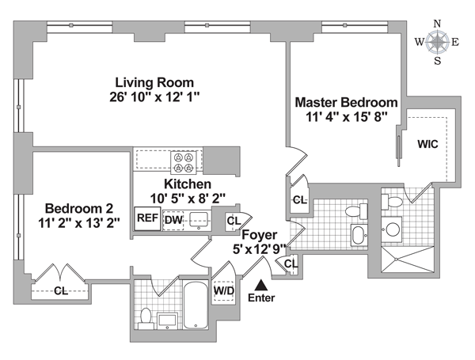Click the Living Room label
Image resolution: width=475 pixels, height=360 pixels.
coord(154,82)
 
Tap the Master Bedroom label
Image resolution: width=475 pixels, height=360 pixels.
coord(346,102)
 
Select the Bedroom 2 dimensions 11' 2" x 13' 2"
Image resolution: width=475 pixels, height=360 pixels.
coord(79,223)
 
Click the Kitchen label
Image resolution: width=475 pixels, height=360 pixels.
coord(188,184)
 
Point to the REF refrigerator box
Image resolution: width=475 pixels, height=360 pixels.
coord(147,218)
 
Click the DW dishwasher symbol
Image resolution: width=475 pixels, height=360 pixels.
coord(173,220)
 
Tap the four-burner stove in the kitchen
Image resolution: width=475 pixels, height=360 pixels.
coord(184,162)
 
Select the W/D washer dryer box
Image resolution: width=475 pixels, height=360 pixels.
coord(224,291)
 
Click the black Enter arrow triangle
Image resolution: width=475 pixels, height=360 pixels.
coord(261,285)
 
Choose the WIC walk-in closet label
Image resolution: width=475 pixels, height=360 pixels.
coord(427,144)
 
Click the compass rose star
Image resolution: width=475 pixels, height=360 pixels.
coord(437,42)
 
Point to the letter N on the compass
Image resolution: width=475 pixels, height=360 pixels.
coord(438,24)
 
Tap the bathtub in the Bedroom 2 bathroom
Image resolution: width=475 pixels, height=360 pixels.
coord(196,305)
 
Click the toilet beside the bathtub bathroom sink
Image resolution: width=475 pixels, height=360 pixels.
coord(146,319)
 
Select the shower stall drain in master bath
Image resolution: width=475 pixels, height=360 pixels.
coord(396,260)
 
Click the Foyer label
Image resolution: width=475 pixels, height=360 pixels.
coord(260,235)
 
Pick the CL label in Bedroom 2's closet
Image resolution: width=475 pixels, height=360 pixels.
coord(61,291)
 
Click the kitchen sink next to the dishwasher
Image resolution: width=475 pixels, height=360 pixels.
coord(199,220)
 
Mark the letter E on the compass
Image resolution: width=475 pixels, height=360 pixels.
coord(455,43)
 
